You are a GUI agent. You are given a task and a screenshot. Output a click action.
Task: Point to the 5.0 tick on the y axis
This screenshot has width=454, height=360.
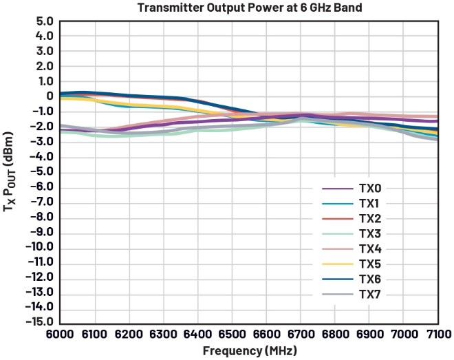pyautogui.click(x=45, y=21)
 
